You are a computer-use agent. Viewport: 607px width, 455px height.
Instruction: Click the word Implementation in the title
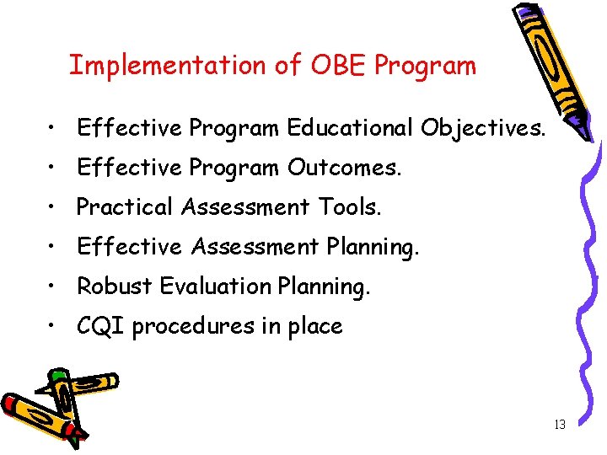pos(165,66)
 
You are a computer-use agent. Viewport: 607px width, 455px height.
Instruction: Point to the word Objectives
pos(482,128)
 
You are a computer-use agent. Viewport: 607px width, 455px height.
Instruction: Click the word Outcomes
pos(344,168)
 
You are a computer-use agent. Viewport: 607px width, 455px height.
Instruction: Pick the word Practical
pos(125,207)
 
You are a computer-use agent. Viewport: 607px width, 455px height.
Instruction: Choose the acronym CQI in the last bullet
pos(100,326)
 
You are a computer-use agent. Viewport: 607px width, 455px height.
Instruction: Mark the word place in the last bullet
pos(314,326)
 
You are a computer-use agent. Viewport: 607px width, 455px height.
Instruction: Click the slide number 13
pos(560,425)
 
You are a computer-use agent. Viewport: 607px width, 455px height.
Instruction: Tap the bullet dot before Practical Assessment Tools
pos(52,208)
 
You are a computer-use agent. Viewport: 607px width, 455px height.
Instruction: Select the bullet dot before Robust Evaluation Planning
pos(52,287)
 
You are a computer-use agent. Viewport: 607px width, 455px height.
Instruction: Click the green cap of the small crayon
pos(58,374)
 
